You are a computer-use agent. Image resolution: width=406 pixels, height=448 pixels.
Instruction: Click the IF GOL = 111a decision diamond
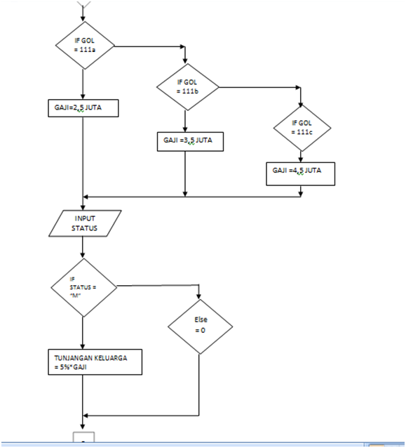[83, 46]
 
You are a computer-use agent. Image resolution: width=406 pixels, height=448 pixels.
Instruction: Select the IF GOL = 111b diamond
[184, 88]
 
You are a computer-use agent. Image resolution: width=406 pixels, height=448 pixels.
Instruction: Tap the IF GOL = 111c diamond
[300, 127]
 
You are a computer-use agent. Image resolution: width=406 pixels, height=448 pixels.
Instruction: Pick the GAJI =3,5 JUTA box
[185, 140]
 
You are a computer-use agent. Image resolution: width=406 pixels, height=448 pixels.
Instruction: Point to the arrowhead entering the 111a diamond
[83, 19]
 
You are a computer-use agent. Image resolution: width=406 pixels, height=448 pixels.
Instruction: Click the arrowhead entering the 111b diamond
[184, 61]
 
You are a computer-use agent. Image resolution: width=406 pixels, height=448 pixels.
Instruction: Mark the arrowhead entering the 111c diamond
[300, 100]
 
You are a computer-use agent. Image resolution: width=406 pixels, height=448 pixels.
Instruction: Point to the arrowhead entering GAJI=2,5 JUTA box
[83, 98]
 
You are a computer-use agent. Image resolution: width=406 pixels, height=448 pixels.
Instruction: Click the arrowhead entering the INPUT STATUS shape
[83, 206]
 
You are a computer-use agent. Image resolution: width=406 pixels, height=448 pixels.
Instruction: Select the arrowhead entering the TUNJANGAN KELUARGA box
[83, 346]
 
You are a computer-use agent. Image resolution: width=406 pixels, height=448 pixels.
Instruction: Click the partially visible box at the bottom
[83, 439]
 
